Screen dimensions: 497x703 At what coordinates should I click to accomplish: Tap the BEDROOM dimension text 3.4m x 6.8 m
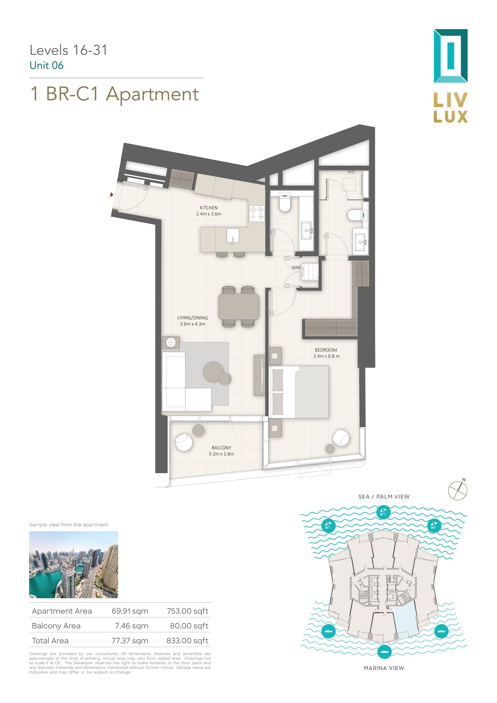pyautogui.click(x=326, y=356)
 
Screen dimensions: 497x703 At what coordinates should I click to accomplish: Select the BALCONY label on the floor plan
pyautogui.click(x=221, y=448)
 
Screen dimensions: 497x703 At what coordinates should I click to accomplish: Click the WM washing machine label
pyautogui.click(x=296, y=268)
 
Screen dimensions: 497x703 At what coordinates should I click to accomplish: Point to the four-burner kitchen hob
pyautogui.click(x=257, y=213)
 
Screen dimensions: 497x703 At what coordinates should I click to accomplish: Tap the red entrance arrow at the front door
pyautogui.click(x=112, y=194)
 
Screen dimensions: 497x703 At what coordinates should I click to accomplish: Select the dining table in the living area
pyautogui.click(x=239, y=306)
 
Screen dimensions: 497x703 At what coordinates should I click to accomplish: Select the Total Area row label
pyautogui.click(x=50, y=641)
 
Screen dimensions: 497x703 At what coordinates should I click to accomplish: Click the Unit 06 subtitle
pyautogui.click(x=47, y=65)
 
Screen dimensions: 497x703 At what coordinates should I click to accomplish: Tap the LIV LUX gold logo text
pyautogui.click(x=450, y=108)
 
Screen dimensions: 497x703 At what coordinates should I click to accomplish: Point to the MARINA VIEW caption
pyautogui.click(x=384, y=668)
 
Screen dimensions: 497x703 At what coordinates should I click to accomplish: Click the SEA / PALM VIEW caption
pyautogui.click(x=384, y=497)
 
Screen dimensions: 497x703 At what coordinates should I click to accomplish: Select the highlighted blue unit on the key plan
pyautogui.click(x=405, y=623)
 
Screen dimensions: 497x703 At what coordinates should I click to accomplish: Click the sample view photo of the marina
pyautogui.click(x=74, y=565)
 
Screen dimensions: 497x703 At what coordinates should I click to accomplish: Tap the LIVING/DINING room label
pyautogui.click(x=192, y=318)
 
